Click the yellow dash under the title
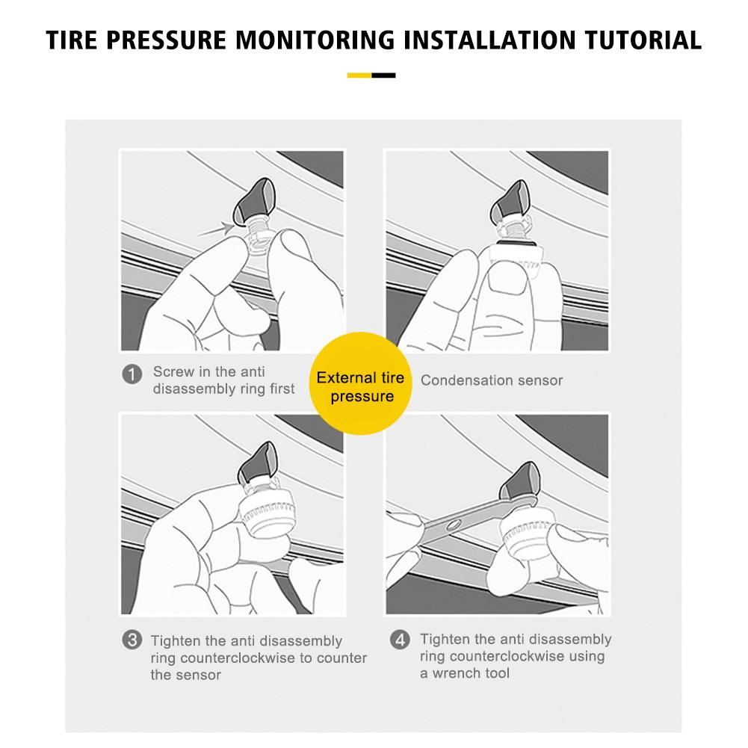(359, 75)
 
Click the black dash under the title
(383, 75)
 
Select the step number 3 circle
(132, 640)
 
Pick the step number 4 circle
(401, 640)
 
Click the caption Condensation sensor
(492, 380)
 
